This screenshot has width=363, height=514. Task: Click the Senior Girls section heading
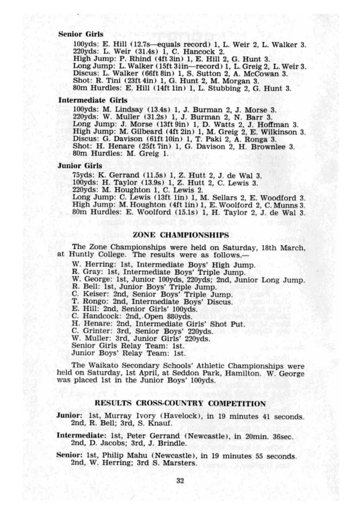pyautogui.click(x=81, y=34)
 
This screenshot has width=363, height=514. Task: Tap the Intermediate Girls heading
pyautogui.click(x=93, y=101)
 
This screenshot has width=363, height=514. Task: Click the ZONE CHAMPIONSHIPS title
pyautogui.click(x=181, y=235)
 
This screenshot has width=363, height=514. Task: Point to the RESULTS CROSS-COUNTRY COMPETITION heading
pyautogui.click(x=180, y=404)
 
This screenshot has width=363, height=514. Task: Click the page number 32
pyautogui.click(x=180, y=481)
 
